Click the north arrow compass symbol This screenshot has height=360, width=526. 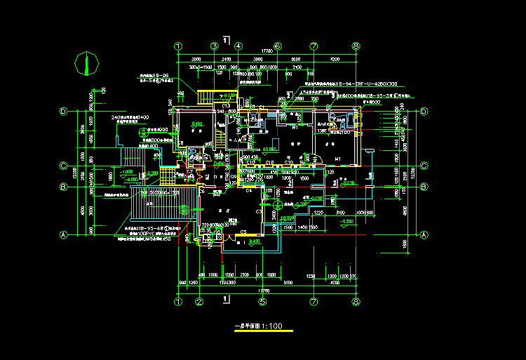86,64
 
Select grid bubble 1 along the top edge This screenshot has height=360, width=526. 178,46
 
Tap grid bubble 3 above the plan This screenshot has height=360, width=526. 214,46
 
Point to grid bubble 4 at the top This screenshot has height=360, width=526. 238,46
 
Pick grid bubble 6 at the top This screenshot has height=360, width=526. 277,46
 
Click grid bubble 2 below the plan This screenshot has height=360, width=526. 198,302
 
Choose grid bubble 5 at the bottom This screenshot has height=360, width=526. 262,302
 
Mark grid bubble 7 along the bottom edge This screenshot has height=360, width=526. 313,302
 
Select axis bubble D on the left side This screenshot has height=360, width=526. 63,111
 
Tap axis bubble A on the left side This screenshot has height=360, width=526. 63,235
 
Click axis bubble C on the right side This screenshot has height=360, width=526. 424,167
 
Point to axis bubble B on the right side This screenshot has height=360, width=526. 424,187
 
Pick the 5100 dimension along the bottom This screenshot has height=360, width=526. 288,284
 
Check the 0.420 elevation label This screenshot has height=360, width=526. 255,241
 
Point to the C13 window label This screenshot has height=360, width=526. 227,105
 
